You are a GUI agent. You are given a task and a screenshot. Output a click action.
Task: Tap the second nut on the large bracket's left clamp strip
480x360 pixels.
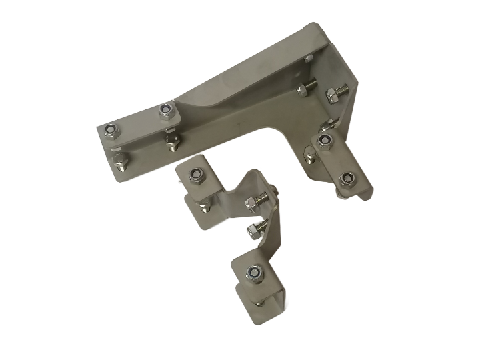click(x=167, y=111)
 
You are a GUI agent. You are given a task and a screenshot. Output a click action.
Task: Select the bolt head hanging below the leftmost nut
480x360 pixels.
click(x=120, y=160)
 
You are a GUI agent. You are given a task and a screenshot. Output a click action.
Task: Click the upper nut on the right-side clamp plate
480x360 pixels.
click(x=325, y=140)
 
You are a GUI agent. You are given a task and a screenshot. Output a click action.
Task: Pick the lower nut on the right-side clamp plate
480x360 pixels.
click(x=345, y=179)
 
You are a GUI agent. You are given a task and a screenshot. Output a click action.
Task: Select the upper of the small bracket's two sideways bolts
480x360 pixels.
click(x=257, y=201)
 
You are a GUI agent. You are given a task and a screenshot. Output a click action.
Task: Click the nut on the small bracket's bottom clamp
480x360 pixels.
click(x=253, y=272)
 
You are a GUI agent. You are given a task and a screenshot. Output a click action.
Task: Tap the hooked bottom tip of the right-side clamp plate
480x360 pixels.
click(x=365, y=194)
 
